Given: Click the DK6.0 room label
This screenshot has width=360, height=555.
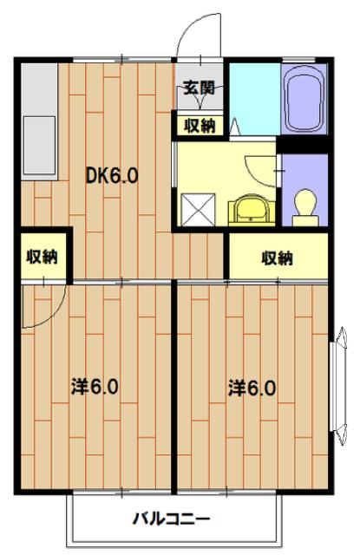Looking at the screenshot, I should (x=112, y=177).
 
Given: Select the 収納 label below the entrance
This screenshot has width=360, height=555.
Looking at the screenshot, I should (x=199, y=125).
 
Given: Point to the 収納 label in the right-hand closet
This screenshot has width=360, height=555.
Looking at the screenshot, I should (x=277, y=258).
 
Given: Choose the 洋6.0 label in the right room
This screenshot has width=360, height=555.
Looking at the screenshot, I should (x=252, y=388).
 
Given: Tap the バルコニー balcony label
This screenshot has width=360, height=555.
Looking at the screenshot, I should (x=172, y=520).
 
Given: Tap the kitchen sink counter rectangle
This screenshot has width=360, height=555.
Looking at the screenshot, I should (x=36, y=143).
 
